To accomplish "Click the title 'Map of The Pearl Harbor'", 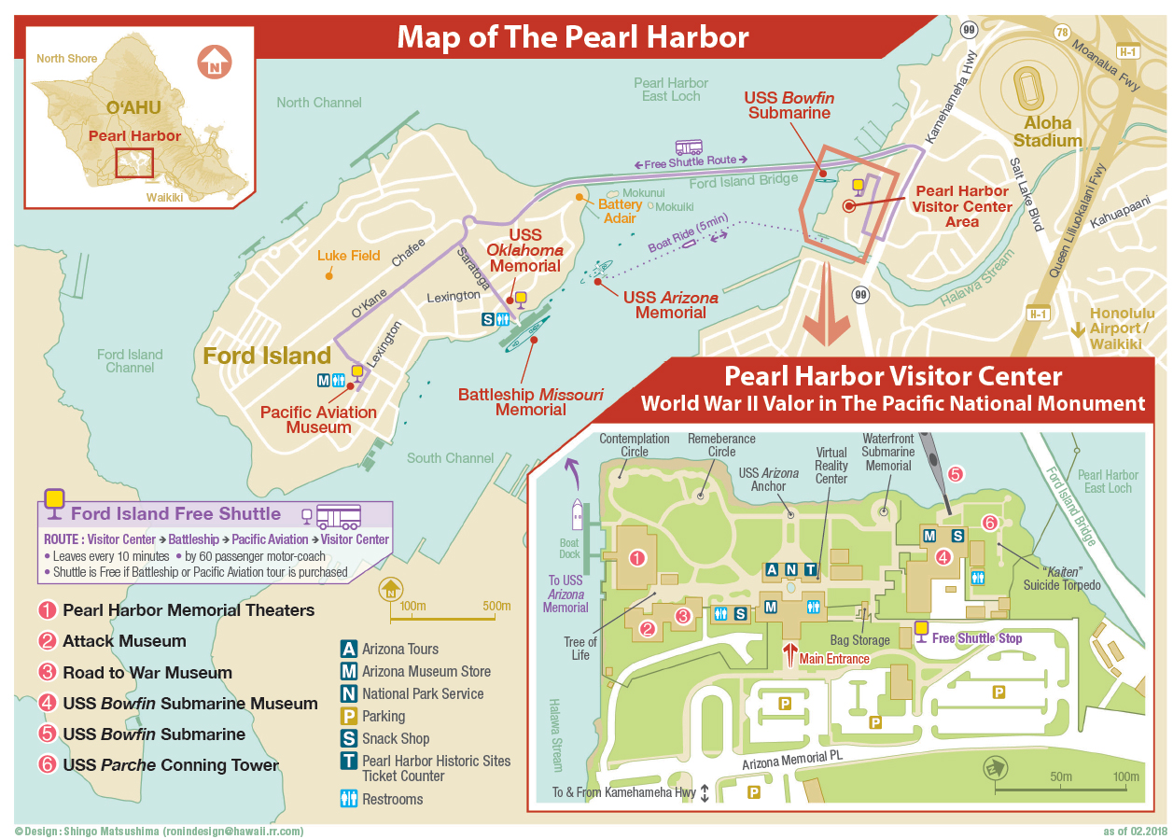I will coord(572,37).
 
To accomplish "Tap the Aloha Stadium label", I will coord(1047,132).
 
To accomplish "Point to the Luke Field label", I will coord(348,255).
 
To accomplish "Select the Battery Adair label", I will coord(621,211).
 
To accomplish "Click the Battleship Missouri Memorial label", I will coord(530,402).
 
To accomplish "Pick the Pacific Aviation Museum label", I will coord(318,420).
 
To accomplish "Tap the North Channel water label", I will coord(318,103).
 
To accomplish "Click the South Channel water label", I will coord(450,458).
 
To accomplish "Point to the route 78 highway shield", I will coord(1060,32).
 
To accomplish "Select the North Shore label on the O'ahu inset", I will coord(66,59).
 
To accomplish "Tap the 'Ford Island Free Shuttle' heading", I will coord(175,513).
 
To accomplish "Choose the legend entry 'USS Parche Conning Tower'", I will coord(171,765).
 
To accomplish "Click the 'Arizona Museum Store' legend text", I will coord(426,671).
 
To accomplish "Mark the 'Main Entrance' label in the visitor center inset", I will coord(833,659).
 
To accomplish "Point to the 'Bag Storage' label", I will coord(859,641).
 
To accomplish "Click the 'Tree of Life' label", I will coord(580,648).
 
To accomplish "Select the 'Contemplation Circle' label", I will coord(635,445).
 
